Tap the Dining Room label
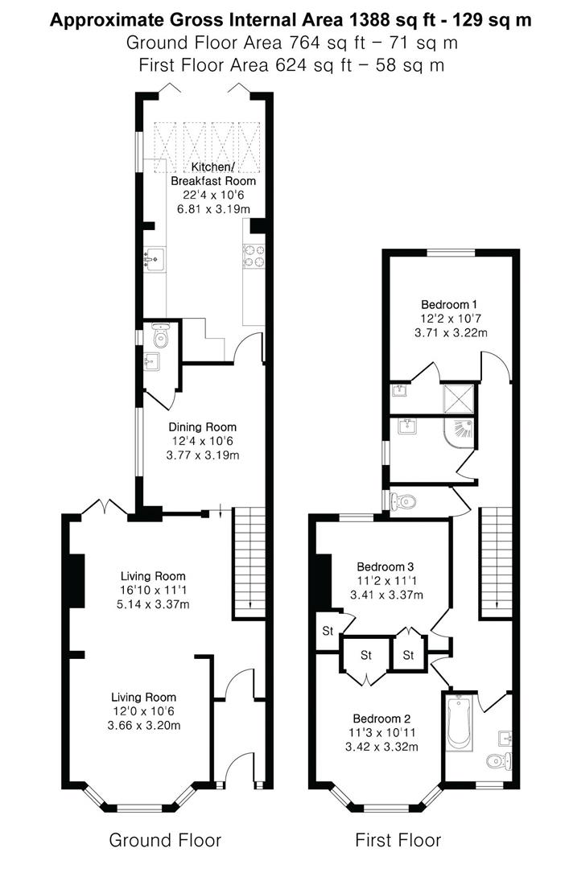point(202,427)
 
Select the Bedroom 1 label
point(449,304)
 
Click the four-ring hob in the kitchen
point(254,255)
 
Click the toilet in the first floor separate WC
point(405,502)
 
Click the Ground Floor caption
point(165,841)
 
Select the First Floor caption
point(398,841)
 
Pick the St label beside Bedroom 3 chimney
point(328,631)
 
